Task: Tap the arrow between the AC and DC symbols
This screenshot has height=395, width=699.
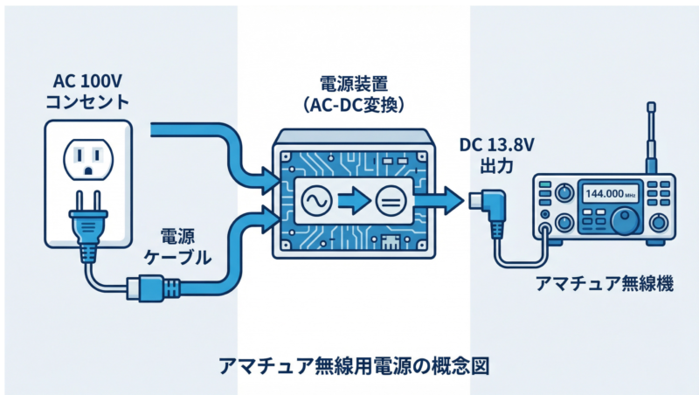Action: pos(351,202)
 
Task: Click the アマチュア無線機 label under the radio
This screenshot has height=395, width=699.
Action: pos(604,285)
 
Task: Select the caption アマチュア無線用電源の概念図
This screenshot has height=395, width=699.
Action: pos(349,364)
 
